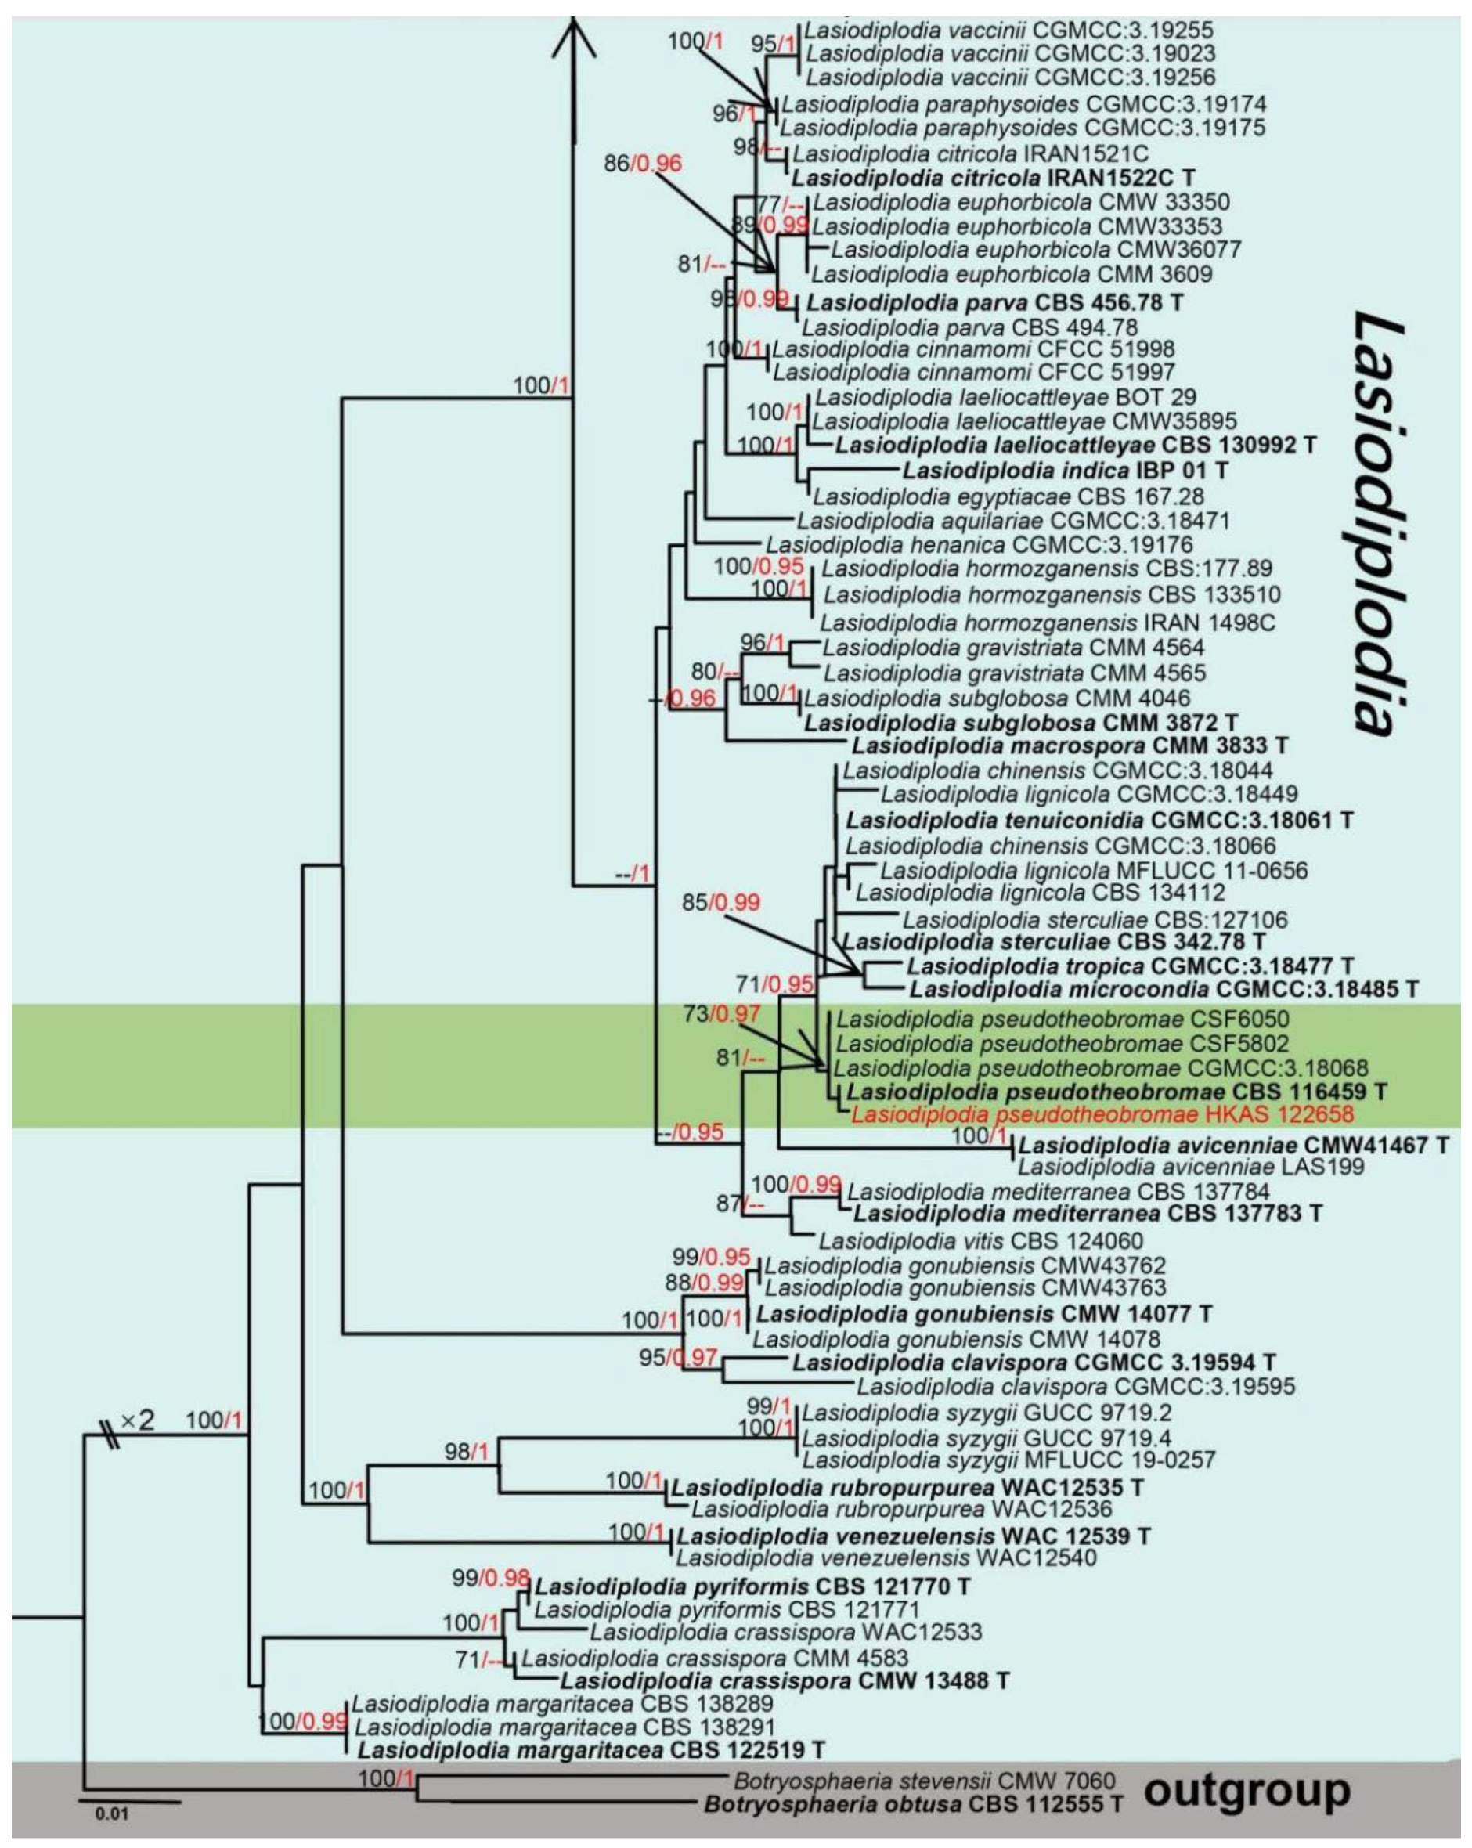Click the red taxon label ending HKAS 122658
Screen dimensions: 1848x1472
(x=1102, y=1115)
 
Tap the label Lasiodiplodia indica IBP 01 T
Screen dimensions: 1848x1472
(x=1065, y=471)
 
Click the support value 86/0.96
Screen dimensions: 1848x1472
(x=643, y=163)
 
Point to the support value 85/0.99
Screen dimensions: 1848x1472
(x=721, y=903)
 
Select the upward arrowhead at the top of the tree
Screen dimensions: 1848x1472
(x=572, y=38)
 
